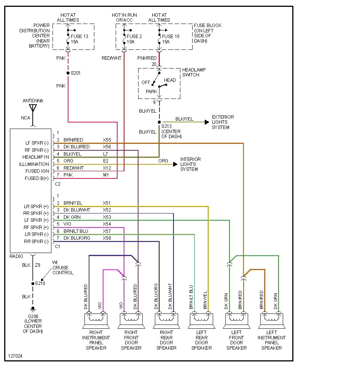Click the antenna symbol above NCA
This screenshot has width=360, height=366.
[33, 108]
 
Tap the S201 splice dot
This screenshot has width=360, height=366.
[68, 73]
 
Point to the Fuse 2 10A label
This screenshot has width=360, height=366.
[132, 39]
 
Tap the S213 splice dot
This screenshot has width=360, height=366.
[159, 122]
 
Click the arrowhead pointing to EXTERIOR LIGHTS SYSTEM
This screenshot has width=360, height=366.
[207, 122]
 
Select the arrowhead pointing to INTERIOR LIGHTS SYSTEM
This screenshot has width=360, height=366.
[175, 164]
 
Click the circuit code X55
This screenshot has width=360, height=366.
[107, 140]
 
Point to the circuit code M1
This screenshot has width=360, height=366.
[105, 175]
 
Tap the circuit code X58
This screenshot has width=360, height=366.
[107, 238]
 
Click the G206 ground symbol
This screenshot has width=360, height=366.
[33, 309]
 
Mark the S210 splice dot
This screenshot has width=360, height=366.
[33, 283]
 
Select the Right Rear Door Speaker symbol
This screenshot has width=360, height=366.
[166, 320]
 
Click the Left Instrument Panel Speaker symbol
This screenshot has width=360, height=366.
[272, 320]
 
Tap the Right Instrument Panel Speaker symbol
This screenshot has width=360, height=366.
[96, 320]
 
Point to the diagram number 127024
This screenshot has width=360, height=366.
[15, 356]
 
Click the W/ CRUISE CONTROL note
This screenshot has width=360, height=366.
[63, 267]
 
